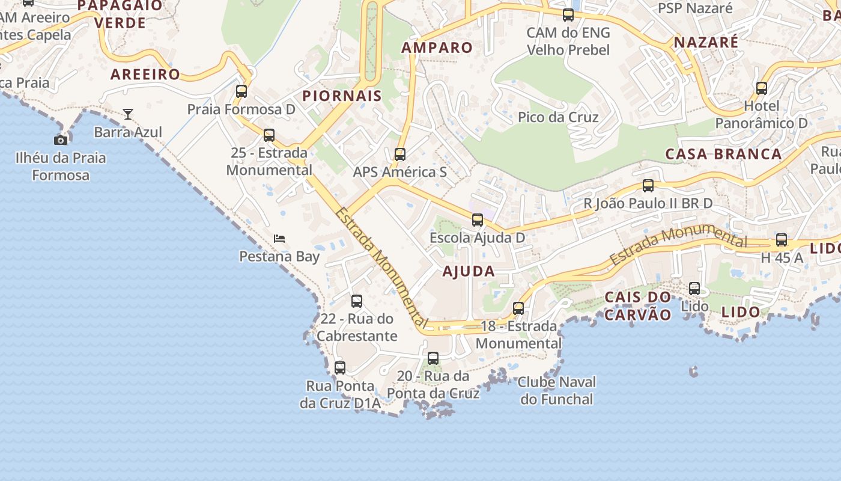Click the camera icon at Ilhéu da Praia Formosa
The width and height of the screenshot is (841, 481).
[x=61, y=140]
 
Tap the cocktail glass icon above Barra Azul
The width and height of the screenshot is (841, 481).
[x=128, y=114]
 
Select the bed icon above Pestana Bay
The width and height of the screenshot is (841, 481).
[x=279, y=238]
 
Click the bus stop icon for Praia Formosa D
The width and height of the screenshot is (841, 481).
[x=241, y=91]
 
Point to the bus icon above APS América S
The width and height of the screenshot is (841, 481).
[x=400, y=154]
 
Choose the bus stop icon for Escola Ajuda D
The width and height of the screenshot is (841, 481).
[x=478, y=220]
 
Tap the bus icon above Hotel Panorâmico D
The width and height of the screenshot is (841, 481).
[x=762, y=88]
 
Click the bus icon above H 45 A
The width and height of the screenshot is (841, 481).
[x=782, y=240]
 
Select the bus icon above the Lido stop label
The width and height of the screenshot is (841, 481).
[x=694, y=289]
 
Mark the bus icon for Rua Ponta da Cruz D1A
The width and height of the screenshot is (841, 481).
[x=340, y=367]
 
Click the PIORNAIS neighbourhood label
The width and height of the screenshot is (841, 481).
[x=342, y=96]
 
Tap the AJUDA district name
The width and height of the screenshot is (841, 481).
[x=469, y=271]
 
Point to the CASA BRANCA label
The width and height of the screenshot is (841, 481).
[x=723, y=154]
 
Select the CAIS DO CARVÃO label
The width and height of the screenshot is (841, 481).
[x=637, y=305]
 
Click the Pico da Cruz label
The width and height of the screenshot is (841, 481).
[x=558, y=117]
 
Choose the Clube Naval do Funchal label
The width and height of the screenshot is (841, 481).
[x=557, y=390]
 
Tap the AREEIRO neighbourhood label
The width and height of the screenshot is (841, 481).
[x=145, y=75]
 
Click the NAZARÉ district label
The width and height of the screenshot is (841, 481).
[x=706, y=42]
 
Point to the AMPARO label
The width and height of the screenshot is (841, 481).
[x=437, y=47]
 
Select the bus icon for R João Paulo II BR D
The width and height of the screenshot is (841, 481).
[x=648, y=186]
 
